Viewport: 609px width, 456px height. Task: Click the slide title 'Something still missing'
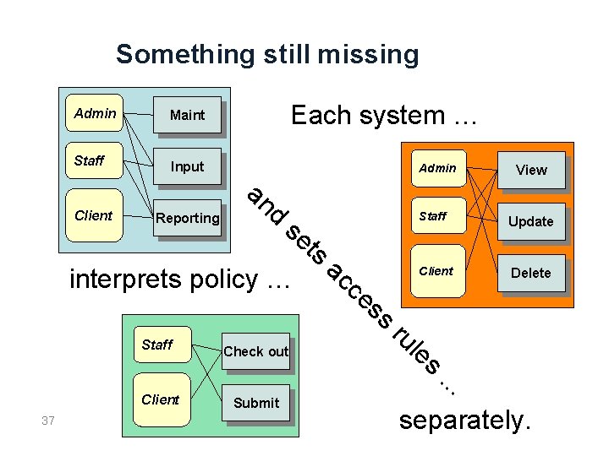(267, 55)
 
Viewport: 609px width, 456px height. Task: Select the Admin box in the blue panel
(95, 113)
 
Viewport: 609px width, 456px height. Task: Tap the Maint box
(187, 115)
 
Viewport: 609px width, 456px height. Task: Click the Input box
(187, 166)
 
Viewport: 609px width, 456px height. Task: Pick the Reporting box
(187, 218)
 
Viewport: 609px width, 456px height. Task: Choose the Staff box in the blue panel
(90, 161)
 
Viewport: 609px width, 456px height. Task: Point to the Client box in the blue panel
(93, 215)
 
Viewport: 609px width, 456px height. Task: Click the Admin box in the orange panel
(437, 168)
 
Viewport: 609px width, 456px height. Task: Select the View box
(531, 170)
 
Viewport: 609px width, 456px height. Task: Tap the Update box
(531, 221)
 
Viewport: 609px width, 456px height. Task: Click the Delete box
(531, 273)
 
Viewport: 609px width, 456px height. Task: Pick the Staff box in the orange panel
(433, 216)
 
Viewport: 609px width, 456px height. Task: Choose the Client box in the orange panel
(436, 271)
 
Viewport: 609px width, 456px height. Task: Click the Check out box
(255, 351)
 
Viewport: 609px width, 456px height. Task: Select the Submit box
(256, 403)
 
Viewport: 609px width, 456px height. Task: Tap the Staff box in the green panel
(157, 345)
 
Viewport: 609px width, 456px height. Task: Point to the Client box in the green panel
(161, 399)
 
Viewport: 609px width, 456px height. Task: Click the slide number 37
(49, 421)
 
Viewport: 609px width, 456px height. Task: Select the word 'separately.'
(464, 420)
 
